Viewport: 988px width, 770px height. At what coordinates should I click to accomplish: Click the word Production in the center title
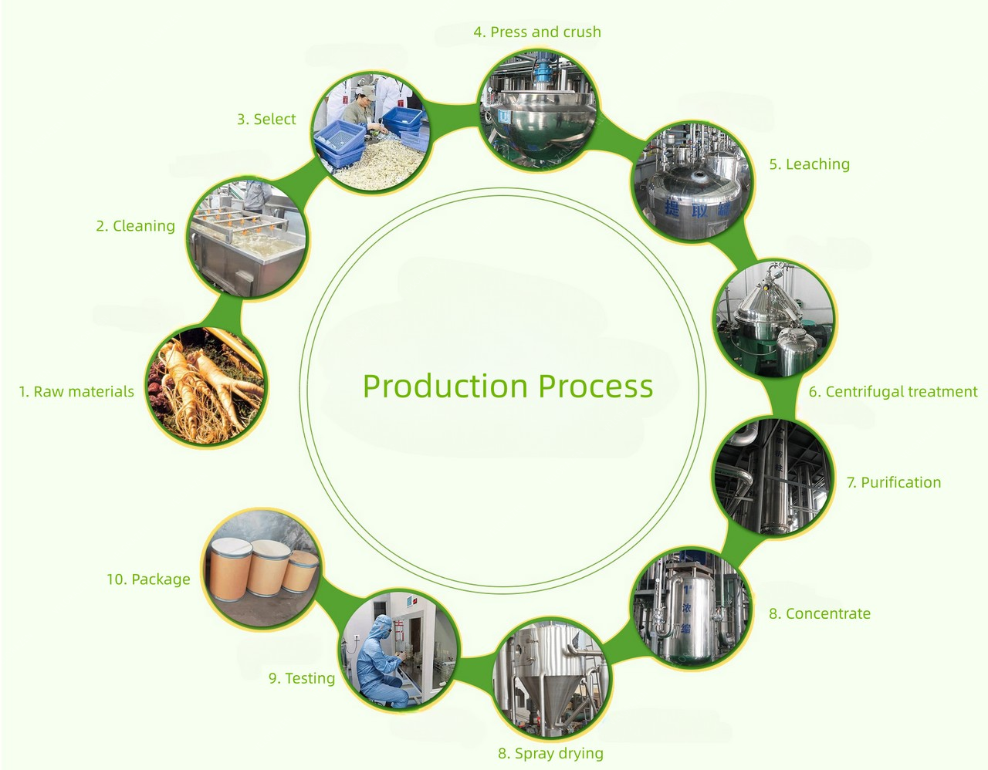click(x=446, y=386)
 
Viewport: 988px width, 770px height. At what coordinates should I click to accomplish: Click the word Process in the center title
click(x=596, y=386)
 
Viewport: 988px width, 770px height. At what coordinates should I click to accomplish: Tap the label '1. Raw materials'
click(x=76, y=392)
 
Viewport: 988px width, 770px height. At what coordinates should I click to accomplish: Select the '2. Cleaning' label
click(x=136, y=226)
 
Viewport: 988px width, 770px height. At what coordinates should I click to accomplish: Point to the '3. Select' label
click(x=266, y=120)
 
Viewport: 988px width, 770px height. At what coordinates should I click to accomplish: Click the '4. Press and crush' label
click(x=537, y=32)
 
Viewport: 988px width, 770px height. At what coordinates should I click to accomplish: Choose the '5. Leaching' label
click(x=809, y=164)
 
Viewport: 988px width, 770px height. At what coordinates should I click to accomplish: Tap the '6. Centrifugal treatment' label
click(x=893, y=392)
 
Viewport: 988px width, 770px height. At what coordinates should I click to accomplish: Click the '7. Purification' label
click(x=894, y=483)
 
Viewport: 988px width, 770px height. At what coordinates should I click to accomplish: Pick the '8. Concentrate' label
click(x=820, y=614)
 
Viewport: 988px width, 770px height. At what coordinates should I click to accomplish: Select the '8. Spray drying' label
click(x=551, y=754)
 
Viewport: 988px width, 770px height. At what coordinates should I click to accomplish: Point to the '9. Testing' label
click(x=302, y=679)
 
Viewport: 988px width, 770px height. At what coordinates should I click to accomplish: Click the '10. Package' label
click(x=148, y=579)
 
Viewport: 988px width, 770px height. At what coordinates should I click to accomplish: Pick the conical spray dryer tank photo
click(x=551, y=678)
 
